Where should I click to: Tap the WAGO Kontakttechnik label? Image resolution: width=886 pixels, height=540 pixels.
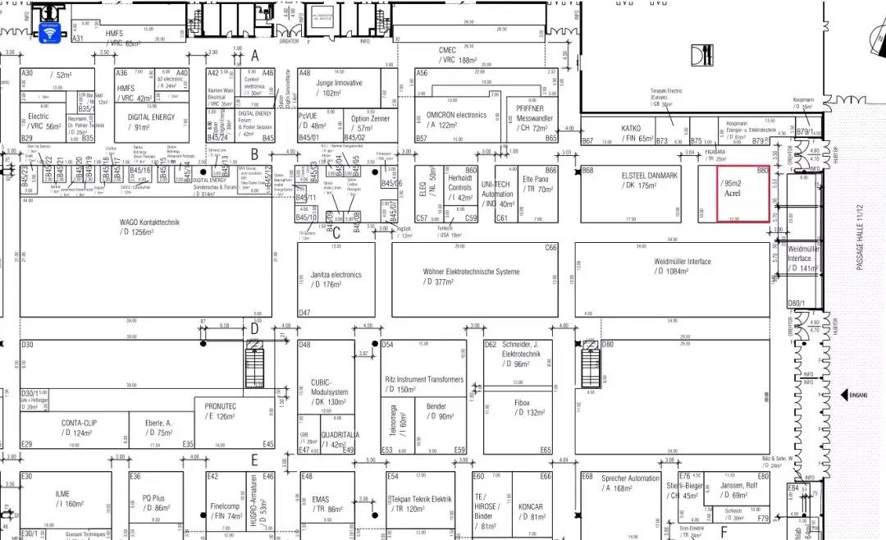point(148,222)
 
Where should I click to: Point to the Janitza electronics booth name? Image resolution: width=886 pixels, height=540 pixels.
point(336,275)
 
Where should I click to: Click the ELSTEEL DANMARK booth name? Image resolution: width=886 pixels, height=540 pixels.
point(649,176)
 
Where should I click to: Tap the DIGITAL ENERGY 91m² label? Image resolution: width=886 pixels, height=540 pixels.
point(151,117)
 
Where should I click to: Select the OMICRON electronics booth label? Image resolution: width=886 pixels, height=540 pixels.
point(456,115)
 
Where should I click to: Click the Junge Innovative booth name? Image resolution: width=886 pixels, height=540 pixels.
point(339,83)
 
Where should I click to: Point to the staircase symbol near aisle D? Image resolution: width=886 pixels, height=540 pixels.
point(257,360)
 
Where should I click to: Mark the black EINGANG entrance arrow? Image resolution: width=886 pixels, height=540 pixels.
point(843,396)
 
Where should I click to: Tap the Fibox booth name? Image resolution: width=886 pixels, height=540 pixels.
point(522,403)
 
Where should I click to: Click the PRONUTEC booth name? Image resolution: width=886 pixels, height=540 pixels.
point(221,405)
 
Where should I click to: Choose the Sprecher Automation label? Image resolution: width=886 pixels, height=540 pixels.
point(630,478)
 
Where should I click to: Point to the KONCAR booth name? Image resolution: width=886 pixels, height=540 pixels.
point(532,506)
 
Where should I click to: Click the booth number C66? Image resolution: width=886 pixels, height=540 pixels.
point(550,247)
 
